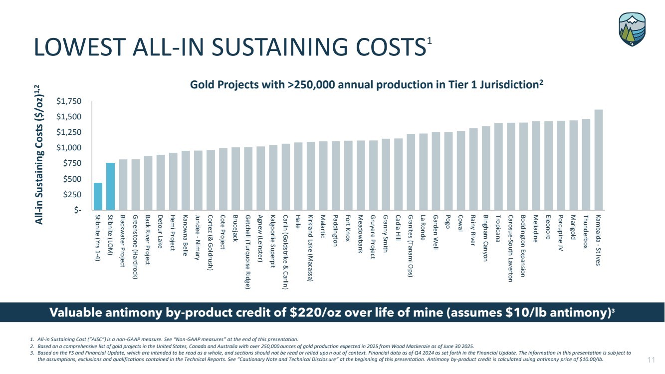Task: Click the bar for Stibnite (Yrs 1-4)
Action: pyautogui.click(x=98, y=196)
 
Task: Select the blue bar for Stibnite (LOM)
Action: pyautogui.click(x=110, y=186)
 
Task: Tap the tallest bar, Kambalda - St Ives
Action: pyautogui.click(x=598, y=160)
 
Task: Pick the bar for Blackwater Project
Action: pyautogui.click(x=123, y=184)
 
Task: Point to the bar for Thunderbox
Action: pyautogui.click(x=586, y=164)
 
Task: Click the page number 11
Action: pyautogui.click(x=651, y=360)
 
